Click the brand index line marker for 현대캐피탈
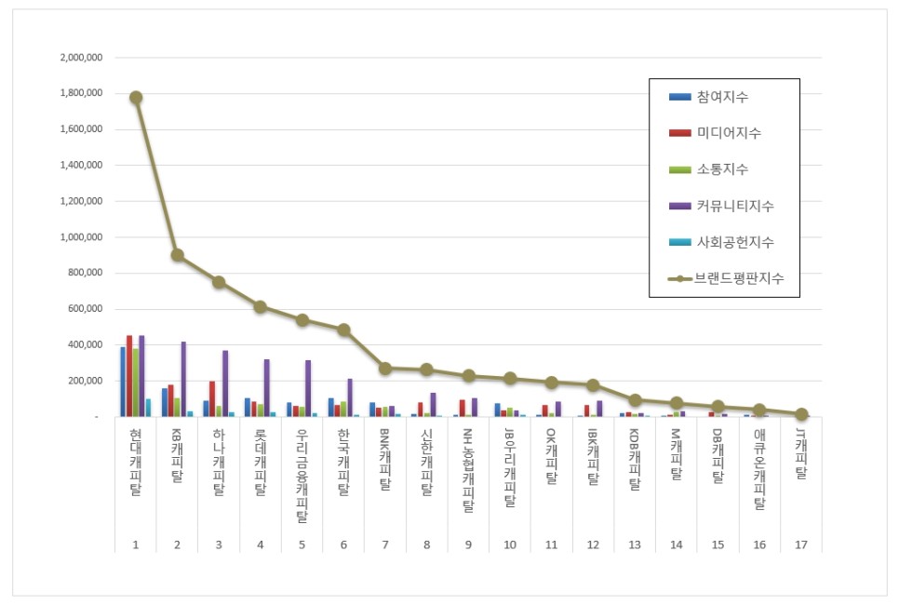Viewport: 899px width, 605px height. pyautogui.click(x=136, y=97)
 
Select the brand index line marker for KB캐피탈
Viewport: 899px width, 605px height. pyautogui.click(x=177, y=254)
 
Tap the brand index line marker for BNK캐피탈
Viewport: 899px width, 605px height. pyautogui.click(x=384, y=368)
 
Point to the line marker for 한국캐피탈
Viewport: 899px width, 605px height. pyautogui.click(x=343, y=329)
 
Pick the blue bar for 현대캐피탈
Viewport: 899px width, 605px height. pyautogui.click(x=123, y=382)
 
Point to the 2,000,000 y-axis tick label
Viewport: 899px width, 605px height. pyautogui.click(x=81, y=58)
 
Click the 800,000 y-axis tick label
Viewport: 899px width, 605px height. pyautogui.click(x=87, y=273)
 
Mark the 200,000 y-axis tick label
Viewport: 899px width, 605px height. pyautogui.click(x=87, y=381)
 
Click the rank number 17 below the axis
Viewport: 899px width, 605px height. pyautogui.click(x=801, y=544)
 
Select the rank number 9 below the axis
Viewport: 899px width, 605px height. pyautogui.click(x=468, y=544)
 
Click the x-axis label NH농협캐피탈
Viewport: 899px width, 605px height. pyautogui.click(x=468, y=471)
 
